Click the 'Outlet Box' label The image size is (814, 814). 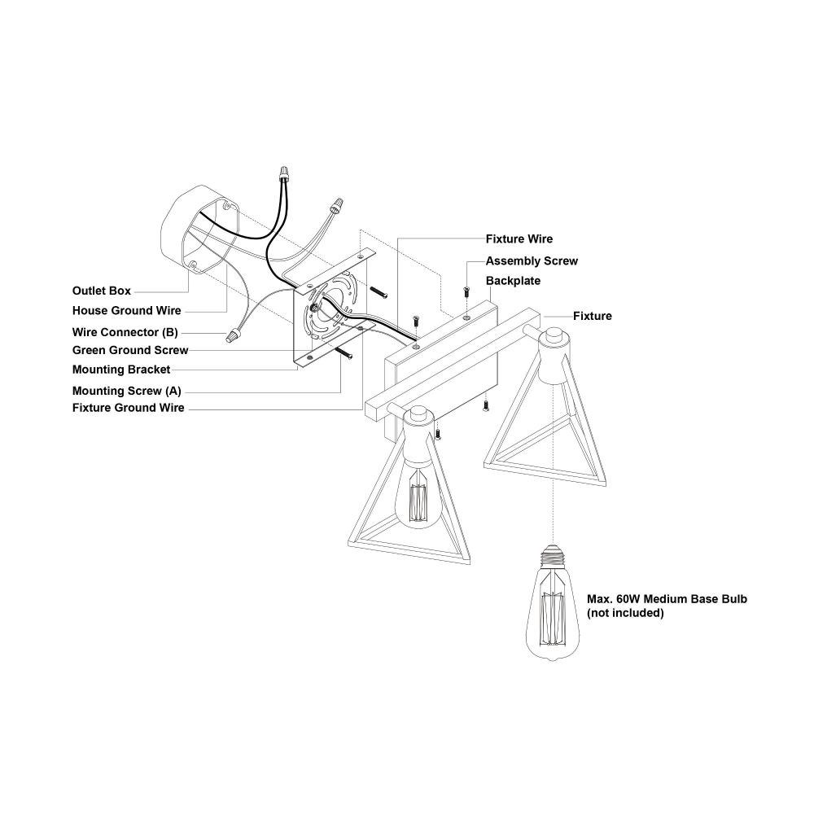101,291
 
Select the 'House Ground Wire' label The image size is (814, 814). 127,310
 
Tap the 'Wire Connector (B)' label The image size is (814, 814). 125,332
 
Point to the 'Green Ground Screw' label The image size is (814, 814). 130,350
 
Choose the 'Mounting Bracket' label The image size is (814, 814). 121,370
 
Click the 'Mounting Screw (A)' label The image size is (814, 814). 127,391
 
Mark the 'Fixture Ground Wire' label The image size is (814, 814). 129,408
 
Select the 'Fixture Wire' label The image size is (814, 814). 519,239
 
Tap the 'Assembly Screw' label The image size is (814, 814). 532,260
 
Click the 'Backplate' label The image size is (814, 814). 513,280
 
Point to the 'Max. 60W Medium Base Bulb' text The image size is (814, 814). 667,598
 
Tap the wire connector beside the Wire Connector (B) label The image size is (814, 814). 233,335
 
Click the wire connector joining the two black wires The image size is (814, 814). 283,173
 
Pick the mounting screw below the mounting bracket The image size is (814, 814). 344,352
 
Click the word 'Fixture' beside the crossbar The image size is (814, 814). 593,316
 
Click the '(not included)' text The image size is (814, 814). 625,613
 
